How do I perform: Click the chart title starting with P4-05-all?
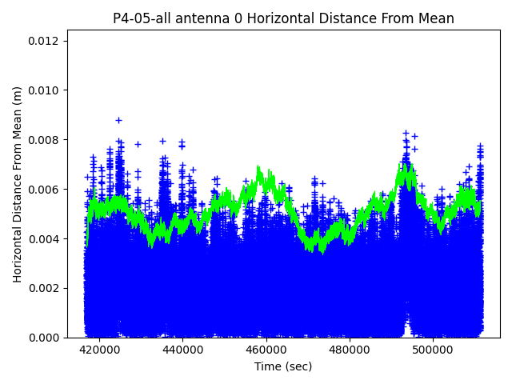click(283, 18)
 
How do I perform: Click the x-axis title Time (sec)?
click(283, 366)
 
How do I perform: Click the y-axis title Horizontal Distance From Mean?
click(18, 184)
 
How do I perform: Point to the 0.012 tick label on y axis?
click(44, 41)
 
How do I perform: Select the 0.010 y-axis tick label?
click(44, 90)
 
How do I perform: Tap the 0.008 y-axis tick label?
click(44, 140)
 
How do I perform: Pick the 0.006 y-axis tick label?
click(44, 190)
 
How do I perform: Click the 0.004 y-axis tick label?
click(44, 239)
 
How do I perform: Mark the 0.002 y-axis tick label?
click(44, 288)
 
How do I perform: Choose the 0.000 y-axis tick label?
click(44, 338)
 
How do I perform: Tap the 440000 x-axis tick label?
click(182, 350)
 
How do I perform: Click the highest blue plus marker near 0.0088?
click(118, 120)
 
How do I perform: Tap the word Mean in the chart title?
click(437, 18)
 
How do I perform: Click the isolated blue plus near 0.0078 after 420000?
click(138, 144)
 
